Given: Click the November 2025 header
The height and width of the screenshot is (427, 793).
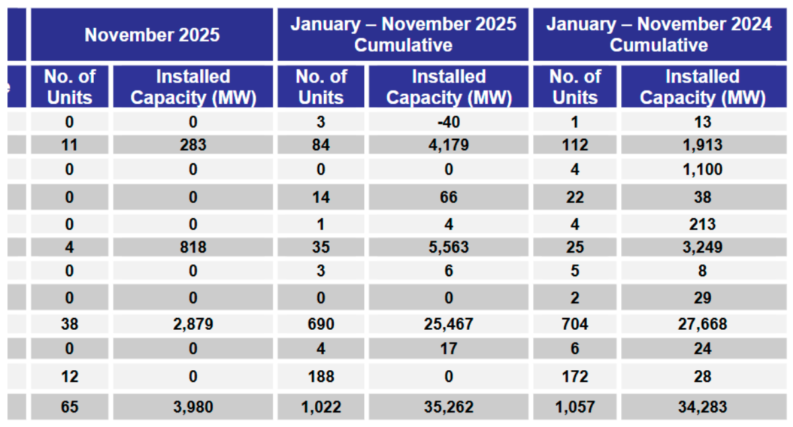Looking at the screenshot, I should coord(152,34).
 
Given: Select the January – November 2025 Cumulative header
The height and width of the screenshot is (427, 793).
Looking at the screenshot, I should coord(403,34).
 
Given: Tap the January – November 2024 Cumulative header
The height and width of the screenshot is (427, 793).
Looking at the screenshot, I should coord(659,34).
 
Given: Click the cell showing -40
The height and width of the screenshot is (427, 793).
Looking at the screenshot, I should coord(449,122).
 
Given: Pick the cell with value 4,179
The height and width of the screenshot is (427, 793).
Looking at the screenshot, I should coord(449,144).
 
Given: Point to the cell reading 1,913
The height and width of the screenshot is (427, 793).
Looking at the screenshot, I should coord(702,144).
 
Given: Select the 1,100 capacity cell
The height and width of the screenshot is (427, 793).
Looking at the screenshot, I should coord(702,169).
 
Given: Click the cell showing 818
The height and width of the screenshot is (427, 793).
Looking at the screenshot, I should coord(192,247).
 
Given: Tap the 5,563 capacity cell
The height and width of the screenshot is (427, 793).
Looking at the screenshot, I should coord(449,247).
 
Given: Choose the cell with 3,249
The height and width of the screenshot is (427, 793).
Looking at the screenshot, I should coord(702,247).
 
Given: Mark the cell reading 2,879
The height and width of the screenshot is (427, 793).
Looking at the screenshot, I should coord(192,324).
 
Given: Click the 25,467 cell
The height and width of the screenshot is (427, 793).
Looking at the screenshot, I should coord(449,324).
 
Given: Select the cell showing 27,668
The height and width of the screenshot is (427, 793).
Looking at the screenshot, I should coord(702,324).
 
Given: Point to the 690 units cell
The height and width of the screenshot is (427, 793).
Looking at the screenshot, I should coord(321,324).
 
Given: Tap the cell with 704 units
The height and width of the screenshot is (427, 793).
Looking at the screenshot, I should coord(574,324).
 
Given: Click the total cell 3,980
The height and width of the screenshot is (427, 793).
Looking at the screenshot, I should coord(192,407).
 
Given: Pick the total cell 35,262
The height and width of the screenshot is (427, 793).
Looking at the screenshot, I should coord(449,407).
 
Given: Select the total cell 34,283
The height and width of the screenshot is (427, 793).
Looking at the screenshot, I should coord(702,407).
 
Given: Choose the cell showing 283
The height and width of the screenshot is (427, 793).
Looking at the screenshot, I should coord(192,144).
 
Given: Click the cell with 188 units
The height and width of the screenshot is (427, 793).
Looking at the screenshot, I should coord(321,376).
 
